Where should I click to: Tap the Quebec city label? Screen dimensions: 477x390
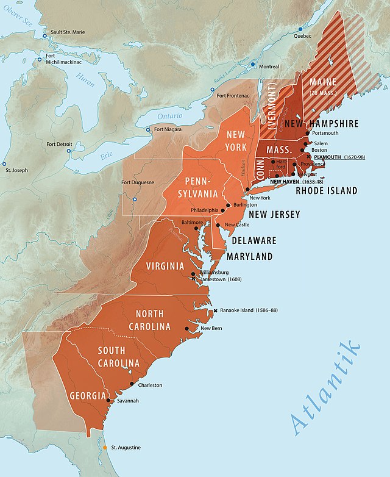[x=303, y=36]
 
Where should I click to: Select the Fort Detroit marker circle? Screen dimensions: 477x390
[x=69, y=150]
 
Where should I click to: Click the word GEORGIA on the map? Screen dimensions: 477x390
[x=87, y=396]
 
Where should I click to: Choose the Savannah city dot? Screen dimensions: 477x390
[x=108, y=401]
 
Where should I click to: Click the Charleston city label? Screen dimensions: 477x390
[x=150, y=385]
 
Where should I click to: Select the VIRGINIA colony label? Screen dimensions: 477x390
[x=165, y=266]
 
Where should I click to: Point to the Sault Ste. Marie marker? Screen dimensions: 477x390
[x=45, y=35]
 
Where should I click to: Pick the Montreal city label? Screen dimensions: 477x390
[x=269, y=66]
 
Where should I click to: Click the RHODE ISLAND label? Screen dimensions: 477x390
[x=327, y=191]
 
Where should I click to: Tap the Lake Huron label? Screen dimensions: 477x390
[x=85, y=79]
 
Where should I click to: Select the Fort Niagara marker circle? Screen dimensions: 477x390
[x=147, y=129]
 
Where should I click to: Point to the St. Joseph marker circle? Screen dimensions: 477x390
[x=5, y=164]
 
